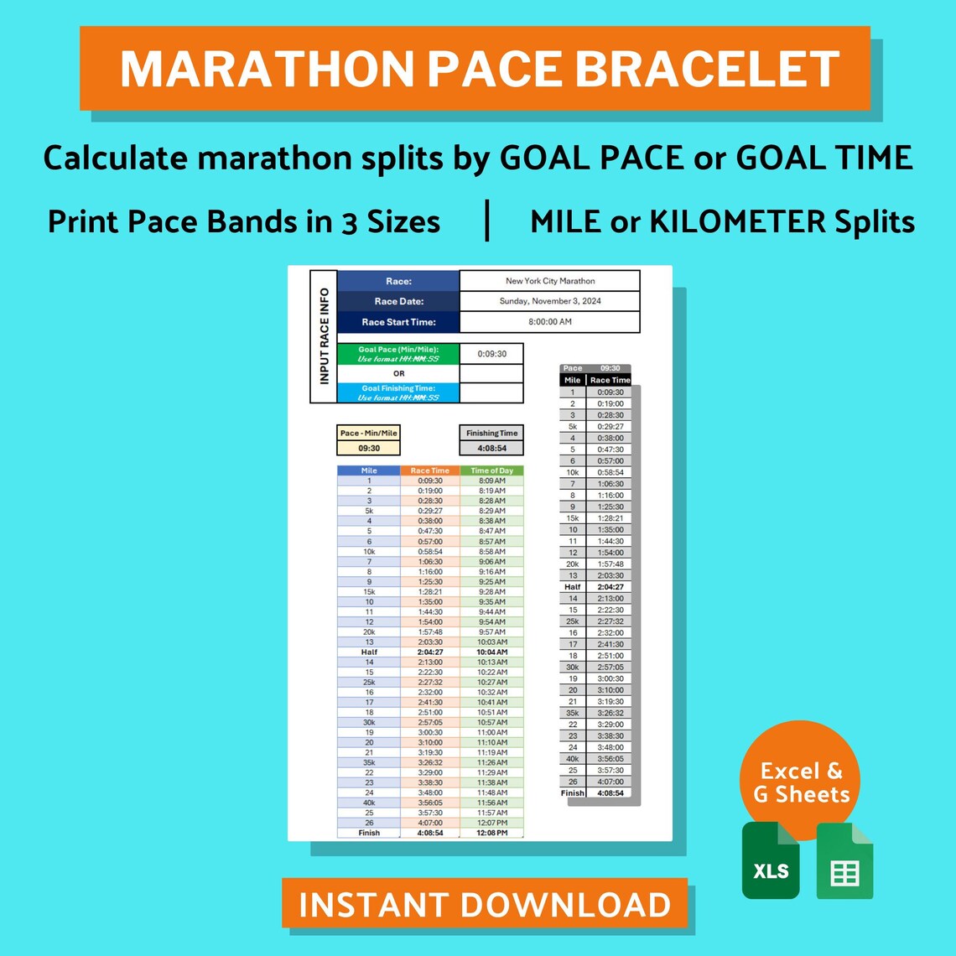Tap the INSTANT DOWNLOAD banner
[x=485, y=905]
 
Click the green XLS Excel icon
[x=771, y=860]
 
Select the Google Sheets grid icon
[x=844, y=860]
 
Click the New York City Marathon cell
[x=550, y=281]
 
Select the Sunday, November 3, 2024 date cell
[x=550, y=301]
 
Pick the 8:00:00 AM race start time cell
[x=550, y=322]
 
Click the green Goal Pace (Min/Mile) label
[x=398, y=354]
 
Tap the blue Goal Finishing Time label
[x=398, y=392]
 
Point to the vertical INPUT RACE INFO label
[x=324, y=337]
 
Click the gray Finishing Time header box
[x=492, y=433]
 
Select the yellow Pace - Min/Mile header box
[x=369, y=433]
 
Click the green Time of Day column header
[x=492, y=470]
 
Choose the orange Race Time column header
[x=430, y=470]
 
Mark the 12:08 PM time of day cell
[x=492, y=833]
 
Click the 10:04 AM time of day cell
[x=492, y=652]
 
